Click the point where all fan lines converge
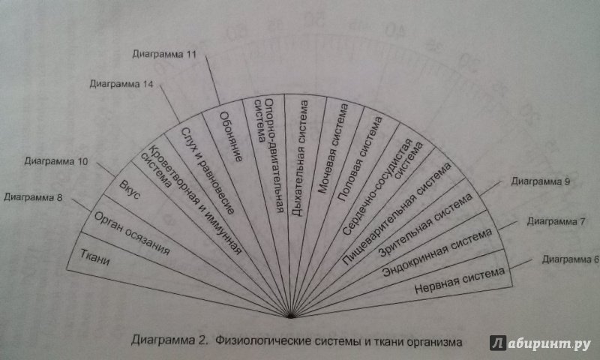click(x=291, y=314)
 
